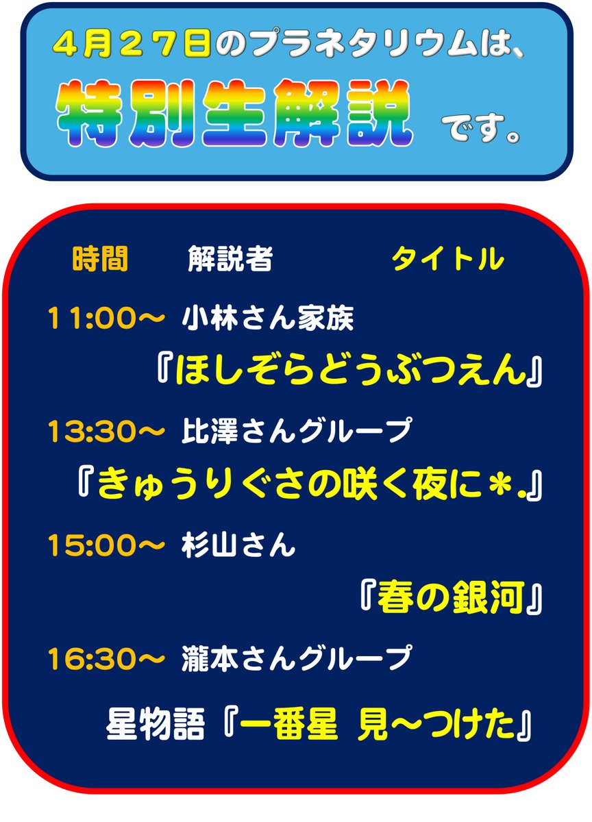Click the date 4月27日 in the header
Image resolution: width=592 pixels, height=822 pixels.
coord(132,46)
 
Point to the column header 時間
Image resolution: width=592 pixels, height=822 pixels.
coord(99,260)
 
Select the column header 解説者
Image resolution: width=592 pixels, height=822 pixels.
coord(230,260)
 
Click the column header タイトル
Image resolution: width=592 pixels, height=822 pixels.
coord(447,260)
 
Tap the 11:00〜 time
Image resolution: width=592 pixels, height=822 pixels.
coord(106,319)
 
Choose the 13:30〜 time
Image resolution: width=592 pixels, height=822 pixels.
coord(106,431)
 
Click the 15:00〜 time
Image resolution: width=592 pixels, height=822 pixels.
coord(106,545)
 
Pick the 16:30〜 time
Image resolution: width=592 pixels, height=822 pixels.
coord(106,658)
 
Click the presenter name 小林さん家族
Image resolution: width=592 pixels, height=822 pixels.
coord(268,319)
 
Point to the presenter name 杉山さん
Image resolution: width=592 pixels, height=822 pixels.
coord(238,545)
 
